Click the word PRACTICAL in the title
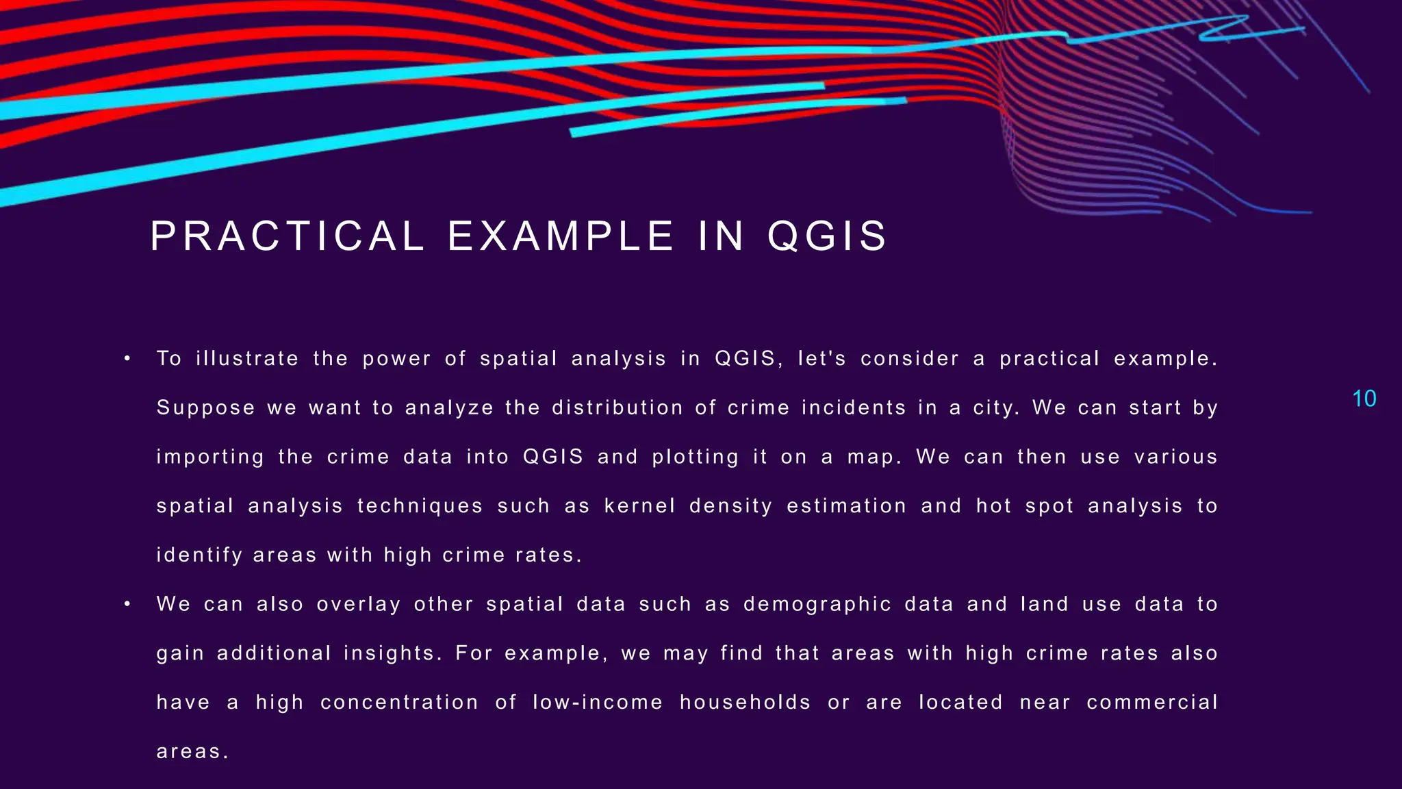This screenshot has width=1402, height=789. point(288,236)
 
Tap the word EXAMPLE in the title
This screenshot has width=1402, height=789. point(561,236)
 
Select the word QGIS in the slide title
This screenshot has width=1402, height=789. point(827,236)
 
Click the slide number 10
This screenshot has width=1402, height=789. point(1364,399)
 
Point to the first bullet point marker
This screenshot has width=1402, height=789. point(127,359)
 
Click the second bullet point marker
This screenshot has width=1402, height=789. point(127,604)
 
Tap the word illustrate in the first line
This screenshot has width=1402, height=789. point(247,359)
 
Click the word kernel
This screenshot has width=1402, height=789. point(639,506)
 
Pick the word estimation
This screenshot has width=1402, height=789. point(846,506)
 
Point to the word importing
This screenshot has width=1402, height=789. point(210,458)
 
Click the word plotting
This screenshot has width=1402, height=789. point(695,458)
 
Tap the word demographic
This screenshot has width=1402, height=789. point(817,605)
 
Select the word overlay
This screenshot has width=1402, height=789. point(359,605)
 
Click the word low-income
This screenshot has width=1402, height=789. point(598,703)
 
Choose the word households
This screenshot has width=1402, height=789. point(745,703)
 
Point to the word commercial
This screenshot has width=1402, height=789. point(1152,703)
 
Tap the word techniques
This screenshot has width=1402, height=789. point(420,506)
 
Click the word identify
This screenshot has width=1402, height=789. point(199,555)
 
